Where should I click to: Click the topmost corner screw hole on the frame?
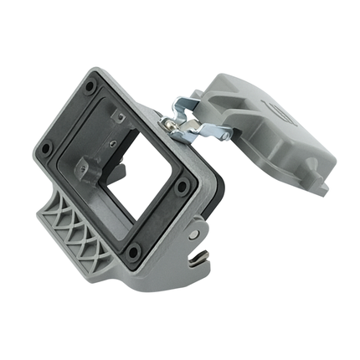click(x=90, y=85)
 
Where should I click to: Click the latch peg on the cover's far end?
click(x=321, y=189)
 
